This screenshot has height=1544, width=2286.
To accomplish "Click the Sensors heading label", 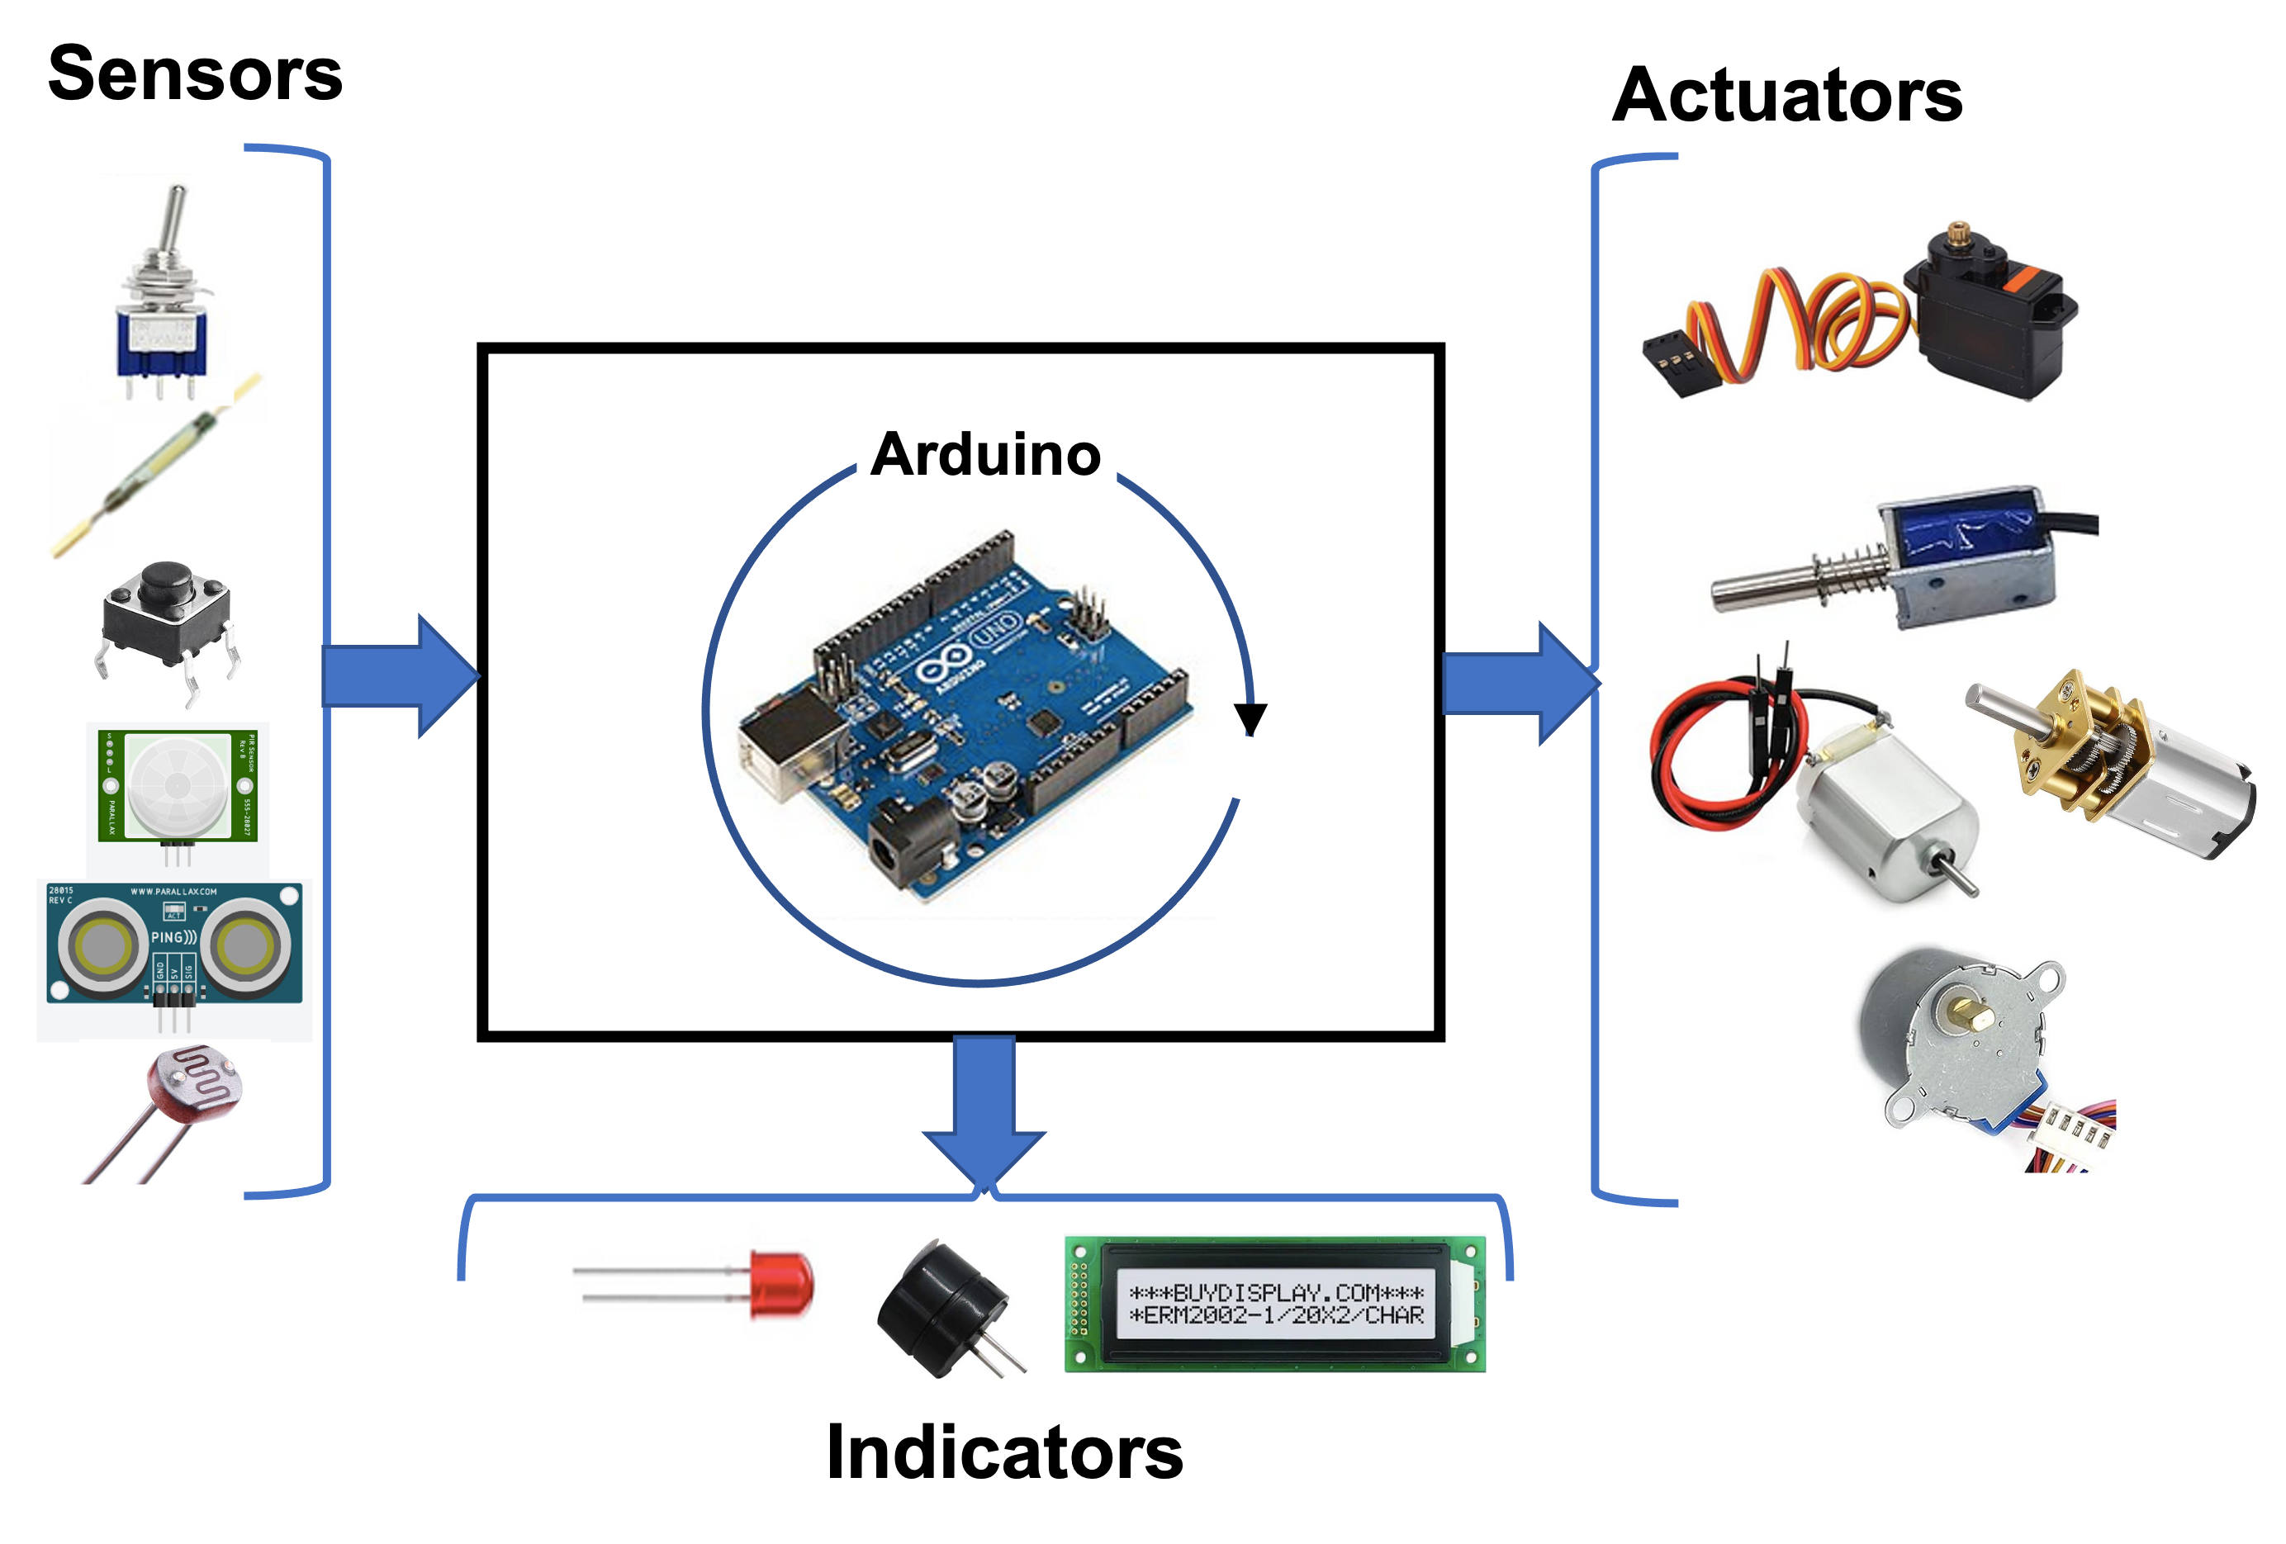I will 195,73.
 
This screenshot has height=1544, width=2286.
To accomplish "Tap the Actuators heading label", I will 1787,94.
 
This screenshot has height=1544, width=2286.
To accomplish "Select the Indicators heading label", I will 1004,1452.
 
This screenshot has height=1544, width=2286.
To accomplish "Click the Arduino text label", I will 985,453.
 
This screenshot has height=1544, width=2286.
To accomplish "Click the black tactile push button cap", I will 165,586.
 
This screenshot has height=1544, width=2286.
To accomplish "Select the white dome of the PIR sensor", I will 177,784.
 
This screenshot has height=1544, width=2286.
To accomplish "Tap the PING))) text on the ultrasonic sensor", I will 173,937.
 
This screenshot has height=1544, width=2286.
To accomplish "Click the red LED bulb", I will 781,1283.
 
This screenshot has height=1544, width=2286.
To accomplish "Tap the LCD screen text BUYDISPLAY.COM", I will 1276,1292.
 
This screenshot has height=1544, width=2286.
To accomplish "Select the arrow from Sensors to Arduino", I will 398,676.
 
